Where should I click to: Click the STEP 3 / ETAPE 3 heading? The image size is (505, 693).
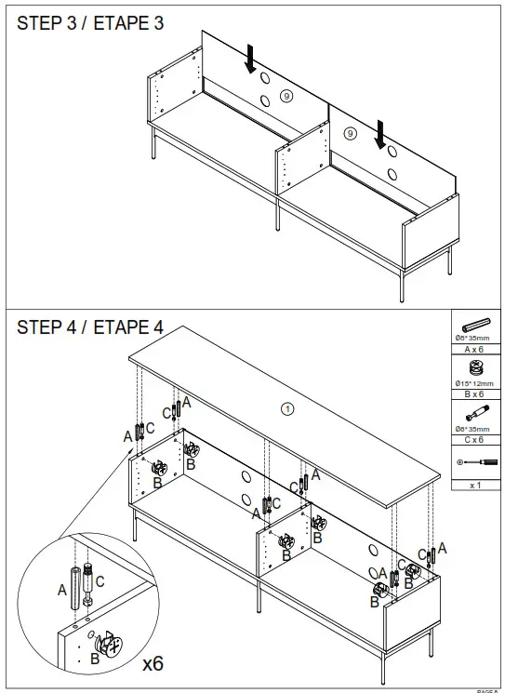click(90, 24)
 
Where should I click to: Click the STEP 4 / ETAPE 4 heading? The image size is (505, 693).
click(90, 327)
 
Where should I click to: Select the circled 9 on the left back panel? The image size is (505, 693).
click(286, 95)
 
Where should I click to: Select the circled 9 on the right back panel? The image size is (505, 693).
click(351, 134)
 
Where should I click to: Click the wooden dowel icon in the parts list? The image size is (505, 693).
click(475, 325)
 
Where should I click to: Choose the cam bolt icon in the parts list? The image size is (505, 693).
click(475, 412)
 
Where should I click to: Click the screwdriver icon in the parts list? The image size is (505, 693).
click(475, 461)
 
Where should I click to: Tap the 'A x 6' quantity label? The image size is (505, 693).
click(475, 350)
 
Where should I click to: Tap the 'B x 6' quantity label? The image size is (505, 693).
click(475, 394)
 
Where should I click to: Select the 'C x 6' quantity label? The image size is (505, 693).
click(475, 439)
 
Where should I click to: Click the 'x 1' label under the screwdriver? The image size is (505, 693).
click(475, 485)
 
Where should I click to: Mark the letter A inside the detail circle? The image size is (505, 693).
click(62, 589)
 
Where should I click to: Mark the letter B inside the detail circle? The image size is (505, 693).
click(94, 659)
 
